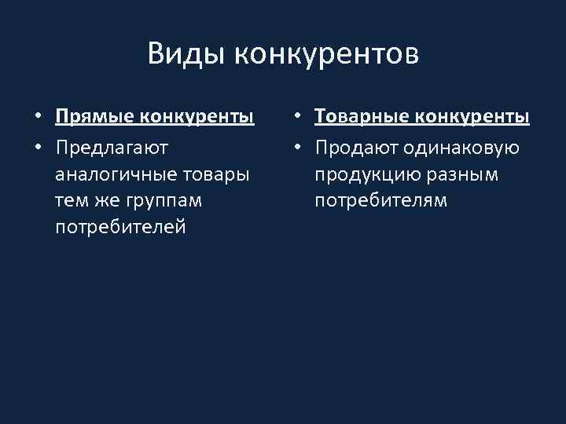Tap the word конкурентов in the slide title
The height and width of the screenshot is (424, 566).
(x=326, y=54)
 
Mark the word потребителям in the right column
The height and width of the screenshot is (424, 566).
(x=381, y=201)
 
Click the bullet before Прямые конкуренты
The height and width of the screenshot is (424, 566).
(x=38, y=119)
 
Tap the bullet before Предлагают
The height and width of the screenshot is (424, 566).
(x=38, y=147)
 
